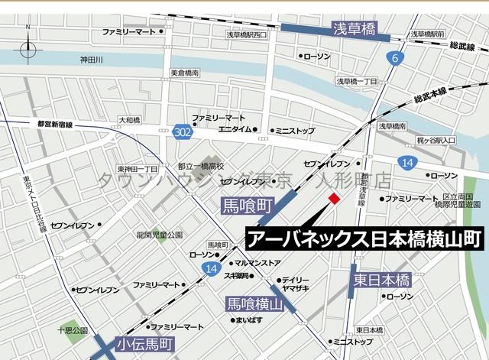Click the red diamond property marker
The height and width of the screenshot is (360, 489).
334,199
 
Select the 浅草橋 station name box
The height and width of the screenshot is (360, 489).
355,29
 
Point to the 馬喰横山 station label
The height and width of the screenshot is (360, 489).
255,303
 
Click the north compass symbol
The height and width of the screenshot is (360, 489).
28,47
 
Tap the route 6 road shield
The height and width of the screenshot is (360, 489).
394,58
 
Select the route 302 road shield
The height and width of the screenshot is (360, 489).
182,132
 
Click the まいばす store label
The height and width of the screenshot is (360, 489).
248,319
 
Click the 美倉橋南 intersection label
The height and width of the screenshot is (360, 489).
183,73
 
